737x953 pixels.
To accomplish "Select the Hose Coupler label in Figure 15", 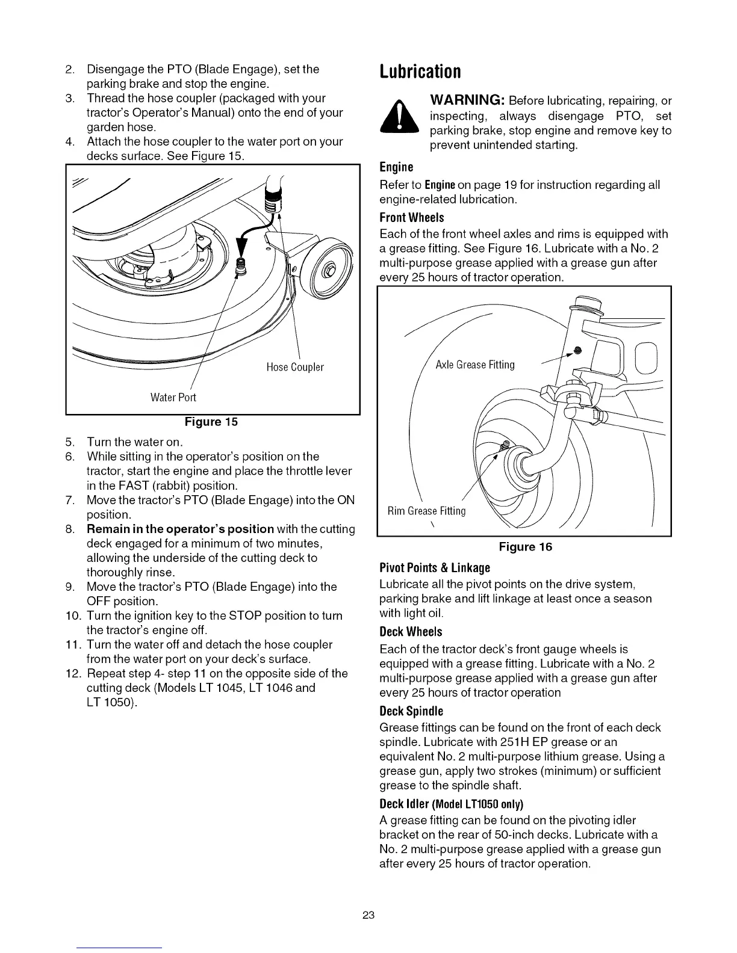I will click(294, 367).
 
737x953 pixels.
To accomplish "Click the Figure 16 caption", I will click(525, 547).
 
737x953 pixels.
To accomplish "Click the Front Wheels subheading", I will click(411, 217).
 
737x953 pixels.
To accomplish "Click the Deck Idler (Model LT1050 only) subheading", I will click(451, 804).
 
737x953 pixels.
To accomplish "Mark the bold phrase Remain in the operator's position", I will click(181, 529).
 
